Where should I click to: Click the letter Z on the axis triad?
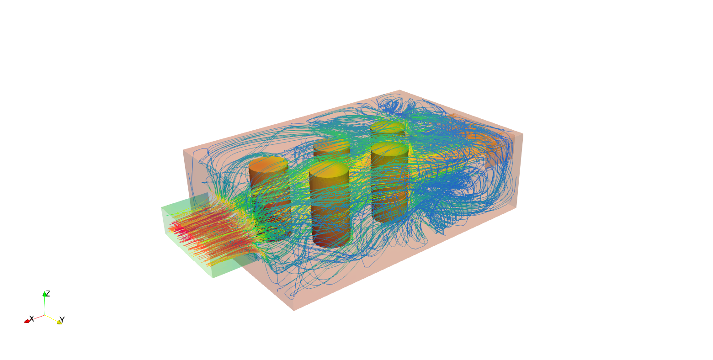[48, 293]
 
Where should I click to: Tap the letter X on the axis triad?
[32, 318]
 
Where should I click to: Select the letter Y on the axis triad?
[62, 320]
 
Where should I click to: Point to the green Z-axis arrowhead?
[44, 294]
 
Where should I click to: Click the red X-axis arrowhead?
[27, 322]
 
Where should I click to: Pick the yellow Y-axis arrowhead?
[59, 323]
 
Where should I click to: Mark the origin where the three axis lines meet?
[45, 315]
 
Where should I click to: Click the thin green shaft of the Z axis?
[45, 306]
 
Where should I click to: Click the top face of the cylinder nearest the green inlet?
[268, 164]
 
